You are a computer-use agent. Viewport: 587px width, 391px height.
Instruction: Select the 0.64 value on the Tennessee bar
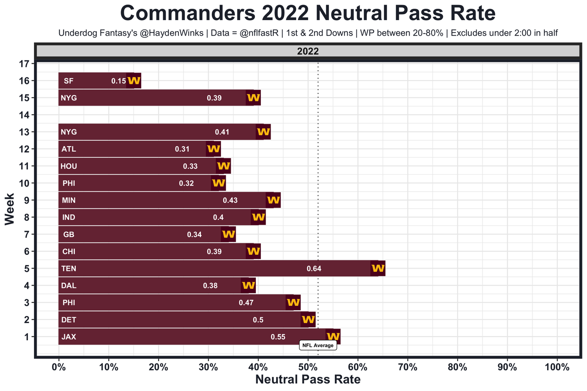pyautogui.click(x=314, y=269)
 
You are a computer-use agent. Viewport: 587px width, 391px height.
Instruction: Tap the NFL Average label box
pyautogui.click(x=318, y=345)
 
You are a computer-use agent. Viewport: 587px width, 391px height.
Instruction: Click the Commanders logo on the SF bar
pyautogui.click(x=134, y=81)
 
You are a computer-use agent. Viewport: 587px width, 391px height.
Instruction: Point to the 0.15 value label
pyautogui.click(x=118, y=81)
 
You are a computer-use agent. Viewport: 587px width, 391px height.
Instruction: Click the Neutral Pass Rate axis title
pyautogui.click(x=308, y=380)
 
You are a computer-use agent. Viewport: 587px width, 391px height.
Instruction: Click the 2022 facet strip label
pyautogui.click(x=308, y=52)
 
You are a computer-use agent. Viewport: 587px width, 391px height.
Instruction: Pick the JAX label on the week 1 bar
pyautogui.click(x=68, y=337)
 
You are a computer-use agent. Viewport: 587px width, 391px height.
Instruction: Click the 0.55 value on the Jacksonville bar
pyautogui.click(x=278, y=337)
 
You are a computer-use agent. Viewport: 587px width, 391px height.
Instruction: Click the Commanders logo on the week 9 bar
pyautogui.click(x=273, y=200)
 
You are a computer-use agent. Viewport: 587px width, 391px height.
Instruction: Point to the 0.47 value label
pyautogui.click(x=246, y=303)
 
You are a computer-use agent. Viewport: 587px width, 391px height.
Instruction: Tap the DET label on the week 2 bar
pyautogui.click(x=68, y=320)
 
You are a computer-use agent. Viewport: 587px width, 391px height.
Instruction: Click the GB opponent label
pyautogui.click(x=68, y=235)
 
